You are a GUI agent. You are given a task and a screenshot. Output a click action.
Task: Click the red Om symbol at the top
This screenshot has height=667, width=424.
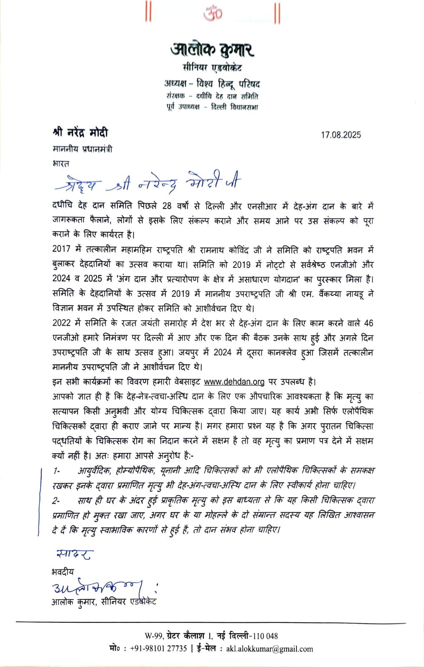(212, 13)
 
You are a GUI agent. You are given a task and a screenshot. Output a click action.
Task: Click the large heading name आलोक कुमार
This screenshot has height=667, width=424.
(212, 50)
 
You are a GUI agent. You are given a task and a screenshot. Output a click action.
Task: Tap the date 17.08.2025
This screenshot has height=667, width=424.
(341, 135)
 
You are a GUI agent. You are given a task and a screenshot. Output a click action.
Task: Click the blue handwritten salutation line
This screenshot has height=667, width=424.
(148, 182)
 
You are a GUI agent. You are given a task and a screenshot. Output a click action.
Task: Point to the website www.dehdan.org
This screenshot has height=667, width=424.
(234, 382)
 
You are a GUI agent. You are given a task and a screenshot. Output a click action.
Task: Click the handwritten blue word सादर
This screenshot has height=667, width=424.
(74, 554)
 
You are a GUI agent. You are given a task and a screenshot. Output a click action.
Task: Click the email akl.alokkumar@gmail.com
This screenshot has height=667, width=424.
(269, 649)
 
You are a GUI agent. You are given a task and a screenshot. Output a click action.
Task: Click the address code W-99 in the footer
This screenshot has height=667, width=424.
(154, 636)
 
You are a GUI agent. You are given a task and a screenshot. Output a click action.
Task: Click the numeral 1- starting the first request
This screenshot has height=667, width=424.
(57, 471)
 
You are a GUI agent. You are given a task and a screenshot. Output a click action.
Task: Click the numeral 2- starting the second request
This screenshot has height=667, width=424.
(57, 500)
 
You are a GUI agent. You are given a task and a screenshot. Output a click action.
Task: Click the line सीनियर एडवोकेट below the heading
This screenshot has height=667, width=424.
(212, 68)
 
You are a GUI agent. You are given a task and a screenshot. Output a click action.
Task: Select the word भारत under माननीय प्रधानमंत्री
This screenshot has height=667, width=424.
(61, 163)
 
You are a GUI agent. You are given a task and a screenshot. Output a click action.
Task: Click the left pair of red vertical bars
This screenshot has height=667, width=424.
(147, 13)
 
